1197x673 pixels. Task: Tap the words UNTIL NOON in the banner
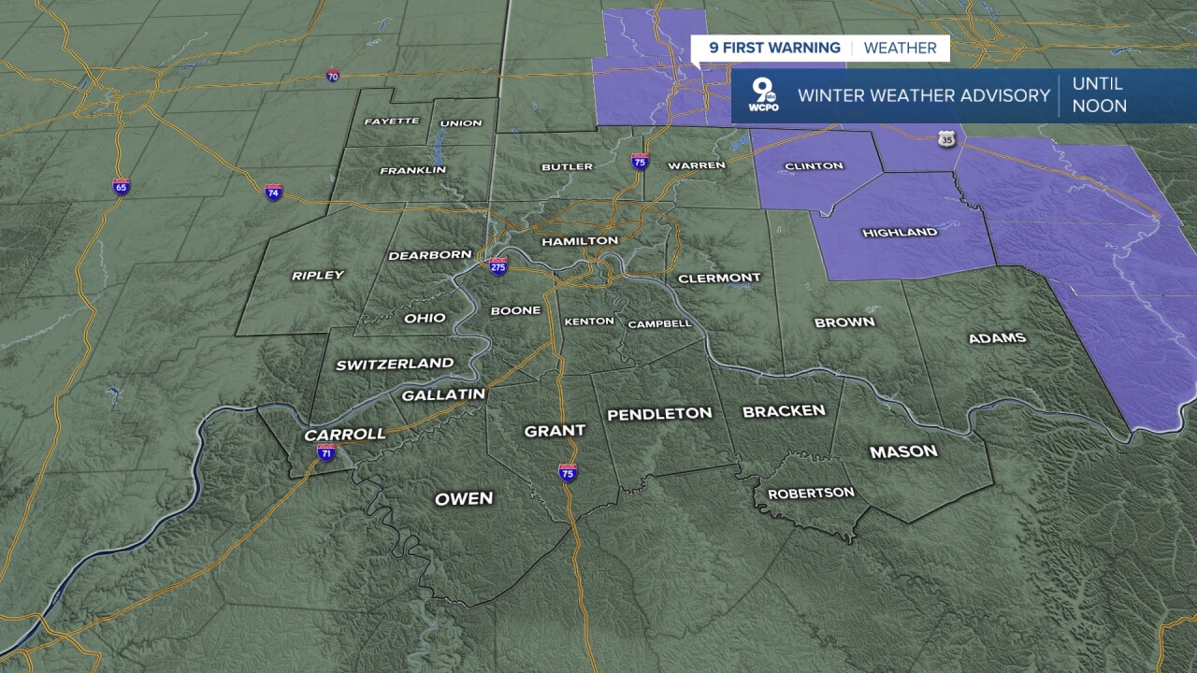click(x=1099, y=95)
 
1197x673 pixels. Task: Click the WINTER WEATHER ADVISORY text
click(x=924, y=95)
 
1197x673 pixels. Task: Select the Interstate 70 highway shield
click(x=333, y=76)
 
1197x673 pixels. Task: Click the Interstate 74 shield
click(x=273, y=193)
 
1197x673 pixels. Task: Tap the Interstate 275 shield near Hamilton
click(x=498, y=265)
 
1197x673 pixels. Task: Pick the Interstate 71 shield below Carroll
click(x=325, y=453)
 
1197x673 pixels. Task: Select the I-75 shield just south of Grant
click(x=568, y=472)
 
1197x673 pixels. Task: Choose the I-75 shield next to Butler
click(x=640, y=161)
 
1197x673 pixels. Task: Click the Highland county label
click(x=900, y=232)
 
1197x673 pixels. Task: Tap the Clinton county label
click(x=814, y=166)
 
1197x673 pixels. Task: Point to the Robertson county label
click(x=811, y=493)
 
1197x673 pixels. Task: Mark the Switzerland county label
click(x=395, y=364)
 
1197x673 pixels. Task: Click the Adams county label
click(x=997, y=338)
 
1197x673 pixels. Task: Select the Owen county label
click(x=464, y=498)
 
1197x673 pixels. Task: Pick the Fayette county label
click(x=391, y=122)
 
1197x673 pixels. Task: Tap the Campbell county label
click(x=659, y=323)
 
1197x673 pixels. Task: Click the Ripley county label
click(x=318, y=275)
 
